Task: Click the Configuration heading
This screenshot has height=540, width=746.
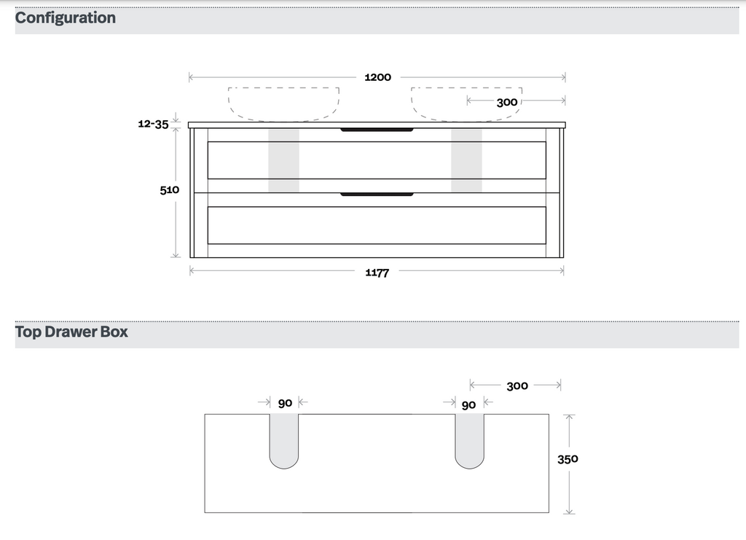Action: pyautogui.click(x=66, y=17)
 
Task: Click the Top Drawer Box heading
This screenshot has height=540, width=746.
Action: pyautogui.click(x=71, y=332)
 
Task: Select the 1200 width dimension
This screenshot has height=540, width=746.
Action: pyautogui.click(x=377, y=77)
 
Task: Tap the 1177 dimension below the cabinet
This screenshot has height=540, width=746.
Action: pyautogui.click(x=377, y=273)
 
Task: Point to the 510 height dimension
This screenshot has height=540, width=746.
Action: pyautogui.click(x=170, y=189)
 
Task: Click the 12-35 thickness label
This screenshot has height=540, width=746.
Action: pyautogui.click(x=153, y=124)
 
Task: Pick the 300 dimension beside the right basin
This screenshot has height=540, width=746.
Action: pyautogui.click(x=507, y=102)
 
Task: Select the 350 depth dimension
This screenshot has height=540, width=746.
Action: pyautogui.click(x=568, y=459)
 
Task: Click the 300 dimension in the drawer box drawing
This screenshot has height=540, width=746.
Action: pyautogui.click(x=517, y=386)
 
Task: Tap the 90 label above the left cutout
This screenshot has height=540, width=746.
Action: pyautogui.click(x=285, y=403)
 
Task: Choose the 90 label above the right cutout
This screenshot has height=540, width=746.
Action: pyautogui.click(x=468, y=404)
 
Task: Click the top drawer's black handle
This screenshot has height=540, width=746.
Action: pyautogui.click(x=377, y=130)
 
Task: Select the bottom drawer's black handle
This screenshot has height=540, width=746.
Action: pyautogui.click(x=377, y=195)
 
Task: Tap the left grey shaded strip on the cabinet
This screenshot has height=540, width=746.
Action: pyautogui.click(x=283, y=161)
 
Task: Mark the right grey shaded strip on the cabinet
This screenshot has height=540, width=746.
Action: pyautogui.click(x=466, y=161)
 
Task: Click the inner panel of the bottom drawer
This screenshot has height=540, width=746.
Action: pyautogui.click(x=377, y=225)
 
